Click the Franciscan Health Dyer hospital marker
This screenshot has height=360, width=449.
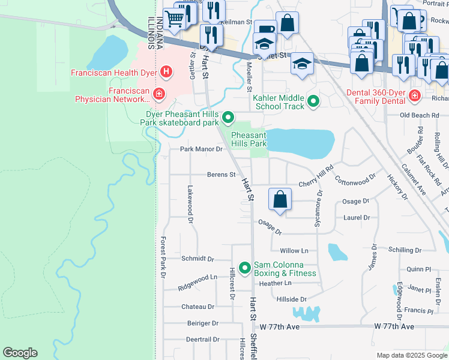click(x=167, y=73)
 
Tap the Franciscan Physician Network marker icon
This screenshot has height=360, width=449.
click(x=158, y=94)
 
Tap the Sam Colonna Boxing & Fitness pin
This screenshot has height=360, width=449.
click(x=244, y=268)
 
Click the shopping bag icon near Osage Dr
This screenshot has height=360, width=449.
click(x=280, y=200)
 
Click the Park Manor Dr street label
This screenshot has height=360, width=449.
click(x=201, y=149)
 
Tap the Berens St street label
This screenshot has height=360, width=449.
click(x=221, y=175)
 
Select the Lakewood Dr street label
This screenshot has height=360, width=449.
click(x=189, y=212)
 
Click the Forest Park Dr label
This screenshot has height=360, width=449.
click(x=162, y=257)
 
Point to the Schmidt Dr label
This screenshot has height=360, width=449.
click(x=197, y=259)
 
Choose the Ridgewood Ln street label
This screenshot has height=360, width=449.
click(x=197, y=282)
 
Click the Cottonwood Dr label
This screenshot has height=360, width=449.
click(x=355, y=178)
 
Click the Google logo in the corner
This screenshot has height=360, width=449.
click(x=20, y=353)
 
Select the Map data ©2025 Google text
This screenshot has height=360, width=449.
click(x=412, y=355)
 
